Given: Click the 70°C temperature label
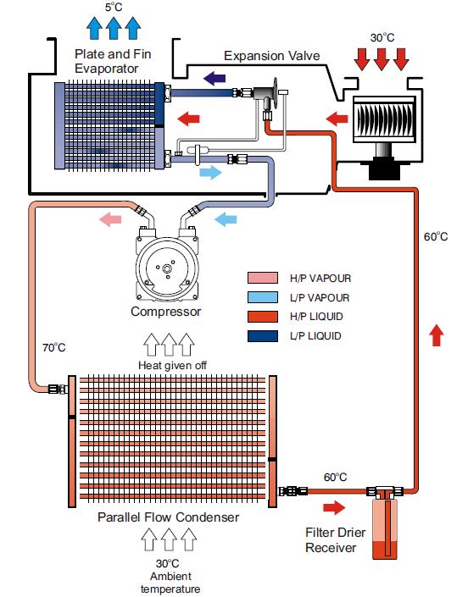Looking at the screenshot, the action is click(53, 348).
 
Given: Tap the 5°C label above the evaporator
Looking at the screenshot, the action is click(114, 8).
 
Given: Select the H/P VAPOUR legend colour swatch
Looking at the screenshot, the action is click(263, 278).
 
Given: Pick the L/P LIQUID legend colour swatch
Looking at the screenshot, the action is click(263, 336).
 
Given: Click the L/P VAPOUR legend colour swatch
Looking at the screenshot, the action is click(263, 297).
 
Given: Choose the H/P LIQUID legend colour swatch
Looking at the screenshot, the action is click(263, 317).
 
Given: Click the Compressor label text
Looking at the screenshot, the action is click(166, 312).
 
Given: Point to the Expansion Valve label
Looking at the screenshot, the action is click(272, 56).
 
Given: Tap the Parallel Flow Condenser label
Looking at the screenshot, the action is click(169, 517).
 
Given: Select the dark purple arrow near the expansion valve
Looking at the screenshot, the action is click(214, 79).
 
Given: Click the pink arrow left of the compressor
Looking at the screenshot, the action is click(110, 219).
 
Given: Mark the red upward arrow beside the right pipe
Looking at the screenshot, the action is click(436, 335).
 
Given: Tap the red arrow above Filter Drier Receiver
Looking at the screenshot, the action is click(334, 507).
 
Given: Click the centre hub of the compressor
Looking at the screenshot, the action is click(167, 268).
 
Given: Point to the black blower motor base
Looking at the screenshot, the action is click(385, 169).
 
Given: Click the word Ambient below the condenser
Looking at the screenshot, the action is click(170, 577).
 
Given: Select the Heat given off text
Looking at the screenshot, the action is click(172, 366).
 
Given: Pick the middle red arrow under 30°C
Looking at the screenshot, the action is click(382, 59).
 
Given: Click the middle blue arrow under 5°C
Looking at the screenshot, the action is click(114, 28).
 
